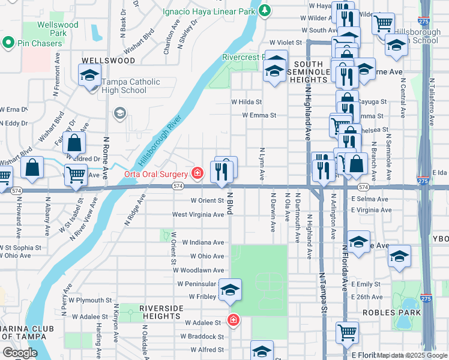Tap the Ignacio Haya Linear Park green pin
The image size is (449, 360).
(x=265, y=10)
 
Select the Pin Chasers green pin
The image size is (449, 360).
(x=8, y=43)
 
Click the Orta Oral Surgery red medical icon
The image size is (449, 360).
(x=197, y=174)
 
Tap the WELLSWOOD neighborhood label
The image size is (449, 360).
(x=108, y=61)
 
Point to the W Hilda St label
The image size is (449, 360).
(x=246, y=102)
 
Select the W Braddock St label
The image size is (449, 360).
(x=203, y=337)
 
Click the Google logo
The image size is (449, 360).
(x=20, y=353)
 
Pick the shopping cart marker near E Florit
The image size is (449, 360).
(x=348, y=332)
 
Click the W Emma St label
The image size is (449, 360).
(x=259, y=115)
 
